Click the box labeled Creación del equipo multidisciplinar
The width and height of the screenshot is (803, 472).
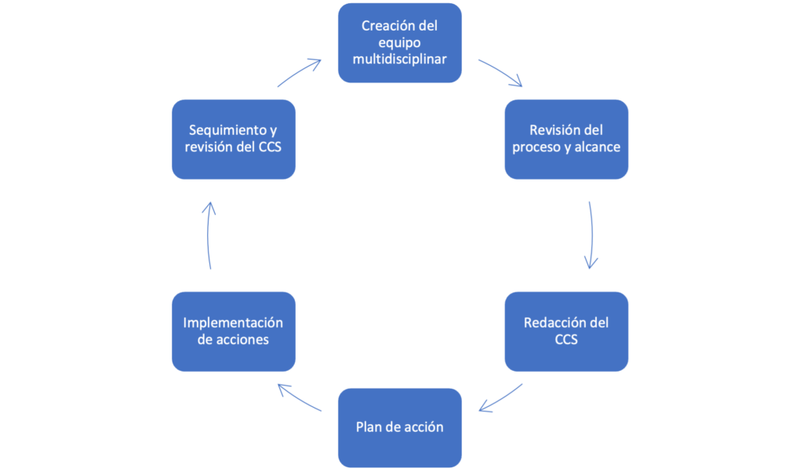(x=400, y=43)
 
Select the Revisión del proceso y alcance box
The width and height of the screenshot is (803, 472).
(x=566, y=139)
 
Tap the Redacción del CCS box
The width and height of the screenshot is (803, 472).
(x=566, y=331)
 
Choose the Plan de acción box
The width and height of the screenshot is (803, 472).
(x=400, y=427)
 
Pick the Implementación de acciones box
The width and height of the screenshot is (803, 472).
(x=233, y=331)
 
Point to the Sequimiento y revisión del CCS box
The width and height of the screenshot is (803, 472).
(x=233, y=139)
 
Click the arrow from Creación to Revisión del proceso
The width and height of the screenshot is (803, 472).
(x=500, y=72)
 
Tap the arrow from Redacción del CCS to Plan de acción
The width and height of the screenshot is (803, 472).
(x=501, y=398)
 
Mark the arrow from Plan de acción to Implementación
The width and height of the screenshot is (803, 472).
(x=300, y=398)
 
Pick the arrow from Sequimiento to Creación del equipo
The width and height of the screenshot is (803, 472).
(x=300, y=72)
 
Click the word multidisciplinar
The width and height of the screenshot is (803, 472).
(x=400, y=60)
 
